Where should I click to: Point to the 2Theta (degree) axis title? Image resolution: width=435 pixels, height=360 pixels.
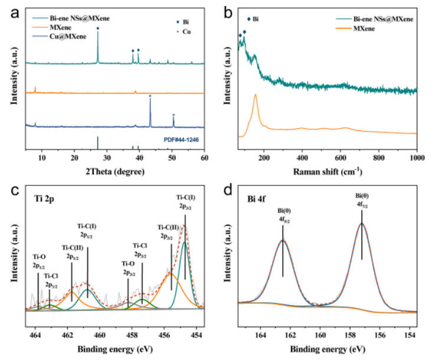(112, 171)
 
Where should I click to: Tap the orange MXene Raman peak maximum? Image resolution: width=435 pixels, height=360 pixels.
(255, 94)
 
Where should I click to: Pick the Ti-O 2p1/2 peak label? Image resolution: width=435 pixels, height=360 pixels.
(38, 260)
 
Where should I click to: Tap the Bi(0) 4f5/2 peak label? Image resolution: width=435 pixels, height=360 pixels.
(283, 215)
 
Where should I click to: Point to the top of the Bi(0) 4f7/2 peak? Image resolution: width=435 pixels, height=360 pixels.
(361, 224)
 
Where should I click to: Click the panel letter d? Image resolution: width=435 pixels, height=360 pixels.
(231, 191)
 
